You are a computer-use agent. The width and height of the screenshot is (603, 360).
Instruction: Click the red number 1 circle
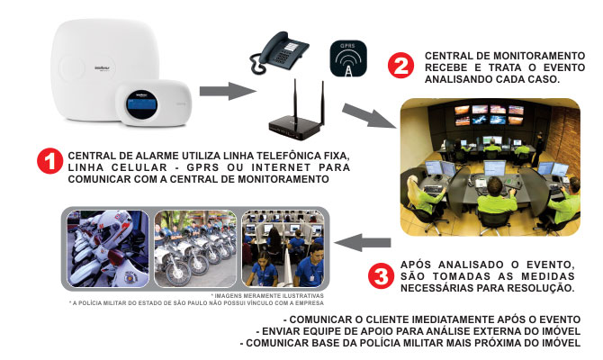49,161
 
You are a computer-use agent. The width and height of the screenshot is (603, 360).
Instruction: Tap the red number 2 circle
400,65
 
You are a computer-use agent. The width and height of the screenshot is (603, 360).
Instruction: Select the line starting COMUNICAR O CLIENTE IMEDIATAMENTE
431,319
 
